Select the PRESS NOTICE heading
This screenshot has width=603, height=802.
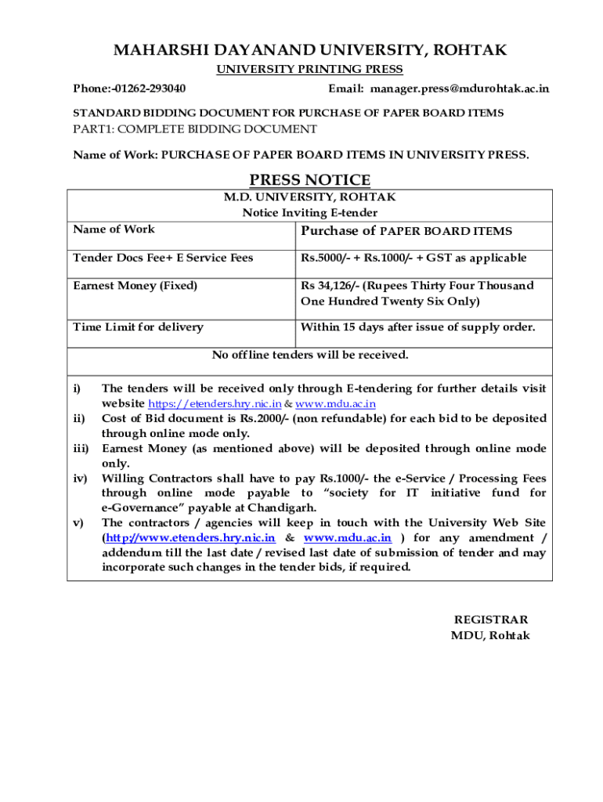309,180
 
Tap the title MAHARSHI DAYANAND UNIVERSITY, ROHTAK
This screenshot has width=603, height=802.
310,51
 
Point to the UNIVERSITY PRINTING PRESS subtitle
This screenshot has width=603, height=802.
309,70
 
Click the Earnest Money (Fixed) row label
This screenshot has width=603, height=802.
135,286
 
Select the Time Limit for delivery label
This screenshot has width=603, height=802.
138,327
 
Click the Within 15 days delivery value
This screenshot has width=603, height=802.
417,327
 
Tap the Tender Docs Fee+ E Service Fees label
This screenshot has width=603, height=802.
163,258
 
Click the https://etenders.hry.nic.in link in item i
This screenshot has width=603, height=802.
215,404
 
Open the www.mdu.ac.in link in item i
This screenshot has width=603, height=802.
335,404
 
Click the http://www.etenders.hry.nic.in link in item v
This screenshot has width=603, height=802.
190,538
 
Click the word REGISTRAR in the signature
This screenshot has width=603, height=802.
491,620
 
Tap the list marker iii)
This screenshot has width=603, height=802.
81,449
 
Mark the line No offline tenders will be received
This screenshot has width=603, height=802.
310,355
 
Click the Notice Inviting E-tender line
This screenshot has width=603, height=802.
309,213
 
